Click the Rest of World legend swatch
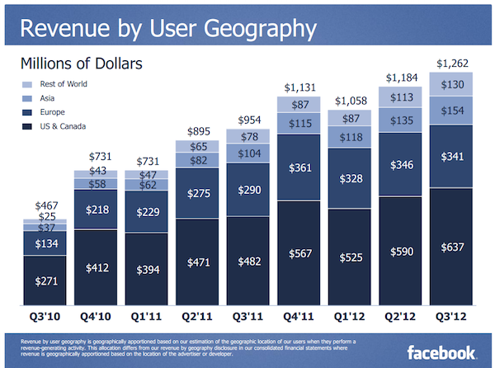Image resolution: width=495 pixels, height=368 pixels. [x=27, y=83]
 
